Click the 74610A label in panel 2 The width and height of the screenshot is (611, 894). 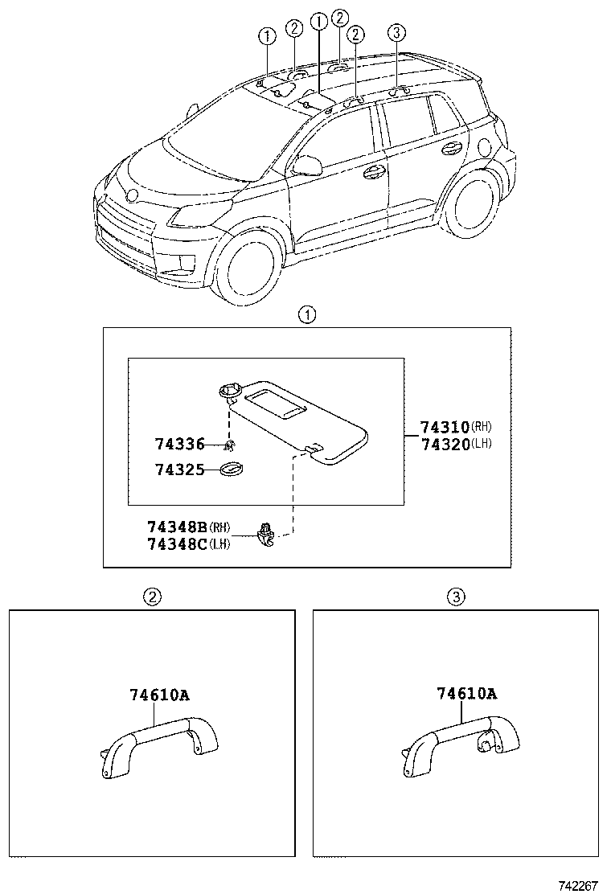160,695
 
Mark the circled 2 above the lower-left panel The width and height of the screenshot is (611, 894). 153,597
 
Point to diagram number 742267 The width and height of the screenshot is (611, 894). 579,885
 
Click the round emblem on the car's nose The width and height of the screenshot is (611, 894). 132,195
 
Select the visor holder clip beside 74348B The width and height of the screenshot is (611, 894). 264,534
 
